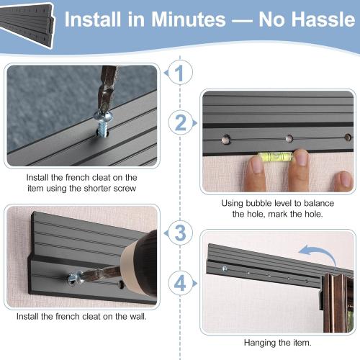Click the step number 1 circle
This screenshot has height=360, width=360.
click(x=180, y=73)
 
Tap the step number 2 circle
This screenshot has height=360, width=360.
click(x=180, y=123)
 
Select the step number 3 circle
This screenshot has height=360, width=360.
click(x=180, y=233)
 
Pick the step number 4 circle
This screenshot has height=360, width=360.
click(x=180, y=283)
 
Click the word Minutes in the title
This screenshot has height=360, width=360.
click(x=189, y=19)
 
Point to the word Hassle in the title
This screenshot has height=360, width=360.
click(x=307, y=19)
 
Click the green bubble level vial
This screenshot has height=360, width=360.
click(x=275, y=156)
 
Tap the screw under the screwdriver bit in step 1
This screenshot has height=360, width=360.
click(x=103, y=125)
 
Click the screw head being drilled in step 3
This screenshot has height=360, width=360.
click(x=73, y=279)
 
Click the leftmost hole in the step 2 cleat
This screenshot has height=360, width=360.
click(x=226, y=139)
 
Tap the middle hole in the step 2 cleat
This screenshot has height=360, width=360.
click(x=289, y=138)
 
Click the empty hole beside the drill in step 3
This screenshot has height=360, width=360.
click(x=121, y=284)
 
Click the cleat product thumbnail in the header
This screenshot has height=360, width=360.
click(x=27, y=24)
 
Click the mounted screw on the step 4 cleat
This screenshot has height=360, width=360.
click(x=225, y=269)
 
